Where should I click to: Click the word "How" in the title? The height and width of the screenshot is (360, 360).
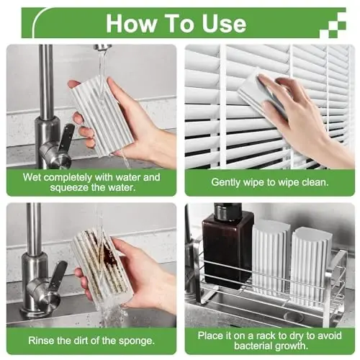[131, 23]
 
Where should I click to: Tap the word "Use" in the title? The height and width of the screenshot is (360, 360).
[224, 23]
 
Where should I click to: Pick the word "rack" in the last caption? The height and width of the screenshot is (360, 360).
[265, 336]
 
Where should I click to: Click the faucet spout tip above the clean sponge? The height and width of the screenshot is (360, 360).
[103, 49]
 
